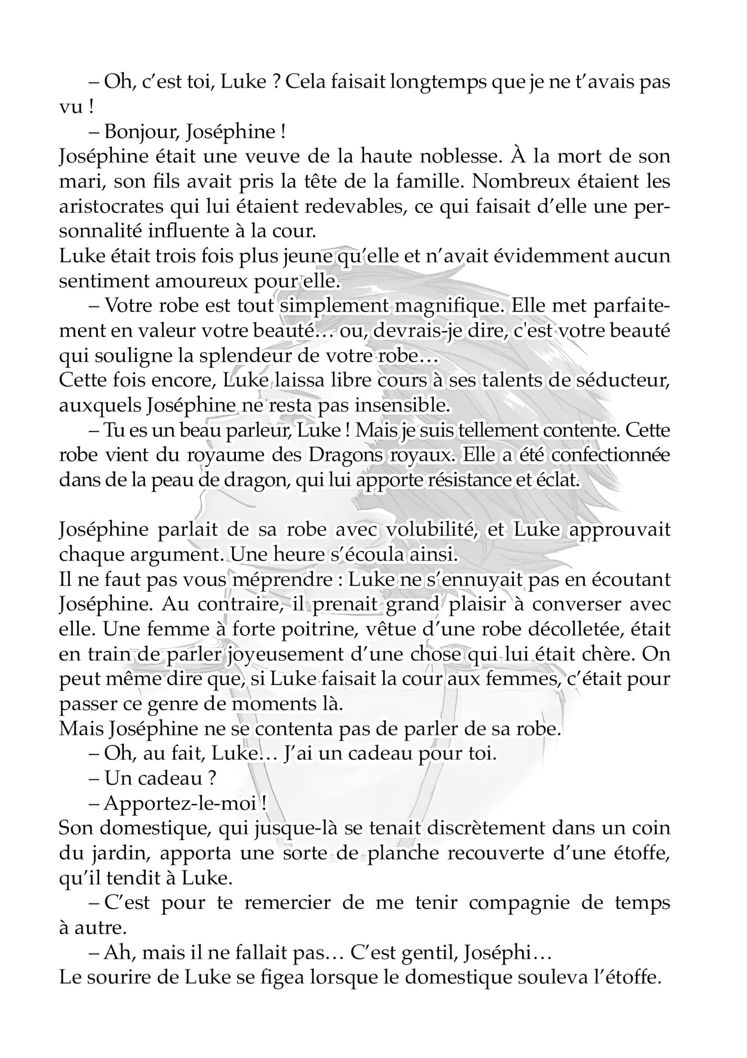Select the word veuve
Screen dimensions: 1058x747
click(x=272, y=157)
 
